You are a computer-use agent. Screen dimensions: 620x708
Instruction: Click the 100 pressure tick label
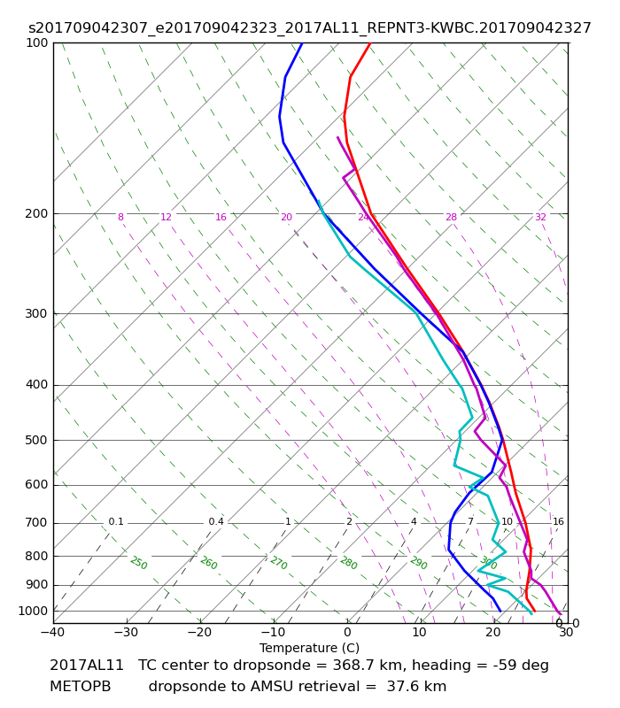36,42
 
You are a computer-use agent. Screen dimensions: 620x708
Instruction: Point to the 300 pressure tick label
36,313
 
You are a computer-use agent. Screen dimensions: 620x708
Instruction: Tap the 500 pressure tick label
36,440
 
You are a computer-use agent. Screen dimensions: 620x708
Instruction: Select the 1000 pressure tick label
33,611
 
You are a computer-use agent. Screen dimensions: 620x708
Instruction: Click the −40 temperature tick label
53,632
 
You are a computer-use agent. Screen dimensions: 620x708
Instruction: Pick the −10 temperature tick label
274,632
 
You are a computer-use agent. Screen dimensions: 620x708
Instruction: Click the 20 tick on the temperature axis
493,632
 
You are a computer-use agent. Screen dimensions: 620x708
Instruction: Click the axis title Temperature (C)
309,648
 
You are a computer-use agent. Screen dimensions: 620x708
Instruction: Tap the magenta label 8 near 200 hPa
120,217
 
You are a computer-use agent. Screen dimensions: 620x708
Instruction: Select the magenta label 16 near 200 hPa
221,217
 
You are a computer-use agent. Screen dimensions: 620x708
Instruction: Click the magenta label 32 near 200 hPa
540,217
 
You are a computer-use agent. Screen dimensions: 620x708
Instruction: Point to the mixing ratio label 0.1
116,521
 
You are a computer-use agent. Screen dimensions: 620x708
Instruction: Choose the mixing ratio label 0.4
216,521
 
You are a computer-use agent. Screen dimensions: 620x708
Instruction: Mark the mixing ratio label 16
558,521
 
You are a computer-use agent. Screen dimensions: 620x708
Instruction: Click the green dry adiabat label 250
139,563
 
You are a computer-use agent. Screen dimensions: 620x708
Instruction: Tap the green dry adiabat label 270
279,563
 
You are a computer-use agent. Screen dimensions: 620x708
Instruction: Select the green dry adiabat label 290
419,563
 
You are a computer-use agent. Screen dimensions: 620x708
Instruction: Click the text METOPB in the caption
80,687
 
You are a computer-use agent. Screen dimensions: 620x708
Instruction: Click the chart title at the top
309,28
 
